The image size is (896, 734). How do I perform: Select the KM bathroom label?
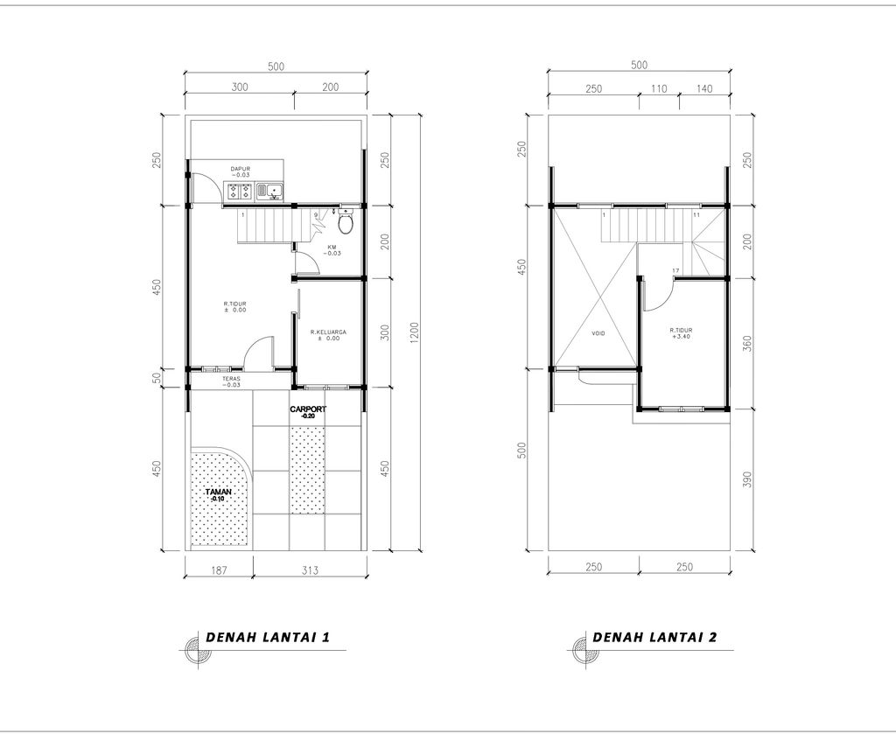tap(332, 250)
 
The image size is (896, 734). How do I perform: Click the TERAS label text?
tap(231, 381)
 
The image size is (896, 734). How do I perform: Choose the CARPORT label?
tap(308, 411)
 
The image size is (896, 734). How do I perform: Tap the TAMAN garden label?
tap(217, 495)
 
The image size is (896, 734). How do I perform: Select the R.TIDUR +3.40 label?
tap(682, 334)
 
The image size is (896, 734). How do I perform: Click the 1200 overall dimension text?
tap(414, 333)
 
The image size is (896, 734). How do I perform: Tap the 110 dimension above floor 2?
tap(659, 88)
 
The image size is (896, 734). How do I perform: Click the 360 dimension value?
tap(746, 344)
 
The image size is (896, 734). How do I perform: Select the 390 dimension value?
tap(746, 480)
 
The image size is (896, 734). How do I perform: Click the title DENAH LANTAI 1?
tap(267, 637)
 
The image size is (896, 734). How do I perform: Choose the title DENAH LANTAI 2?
tap(654, 637)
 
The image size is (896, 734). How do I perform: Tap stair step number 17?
tap(675, 269)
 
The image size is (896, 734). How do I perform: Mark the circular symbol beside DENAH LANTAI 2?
tap(579, 648)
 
